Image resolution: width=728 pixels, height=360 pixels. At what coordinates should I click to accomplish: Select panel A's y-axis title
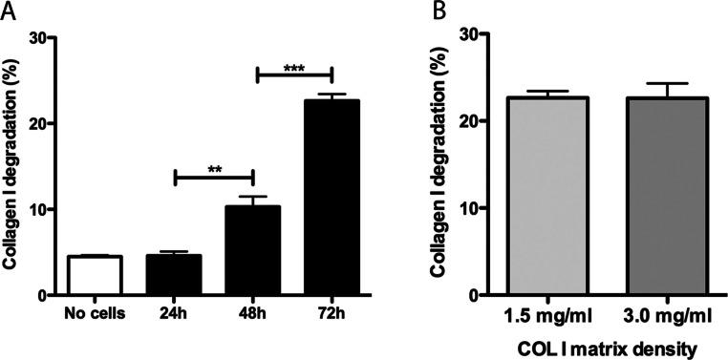[x=12, y=167]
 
